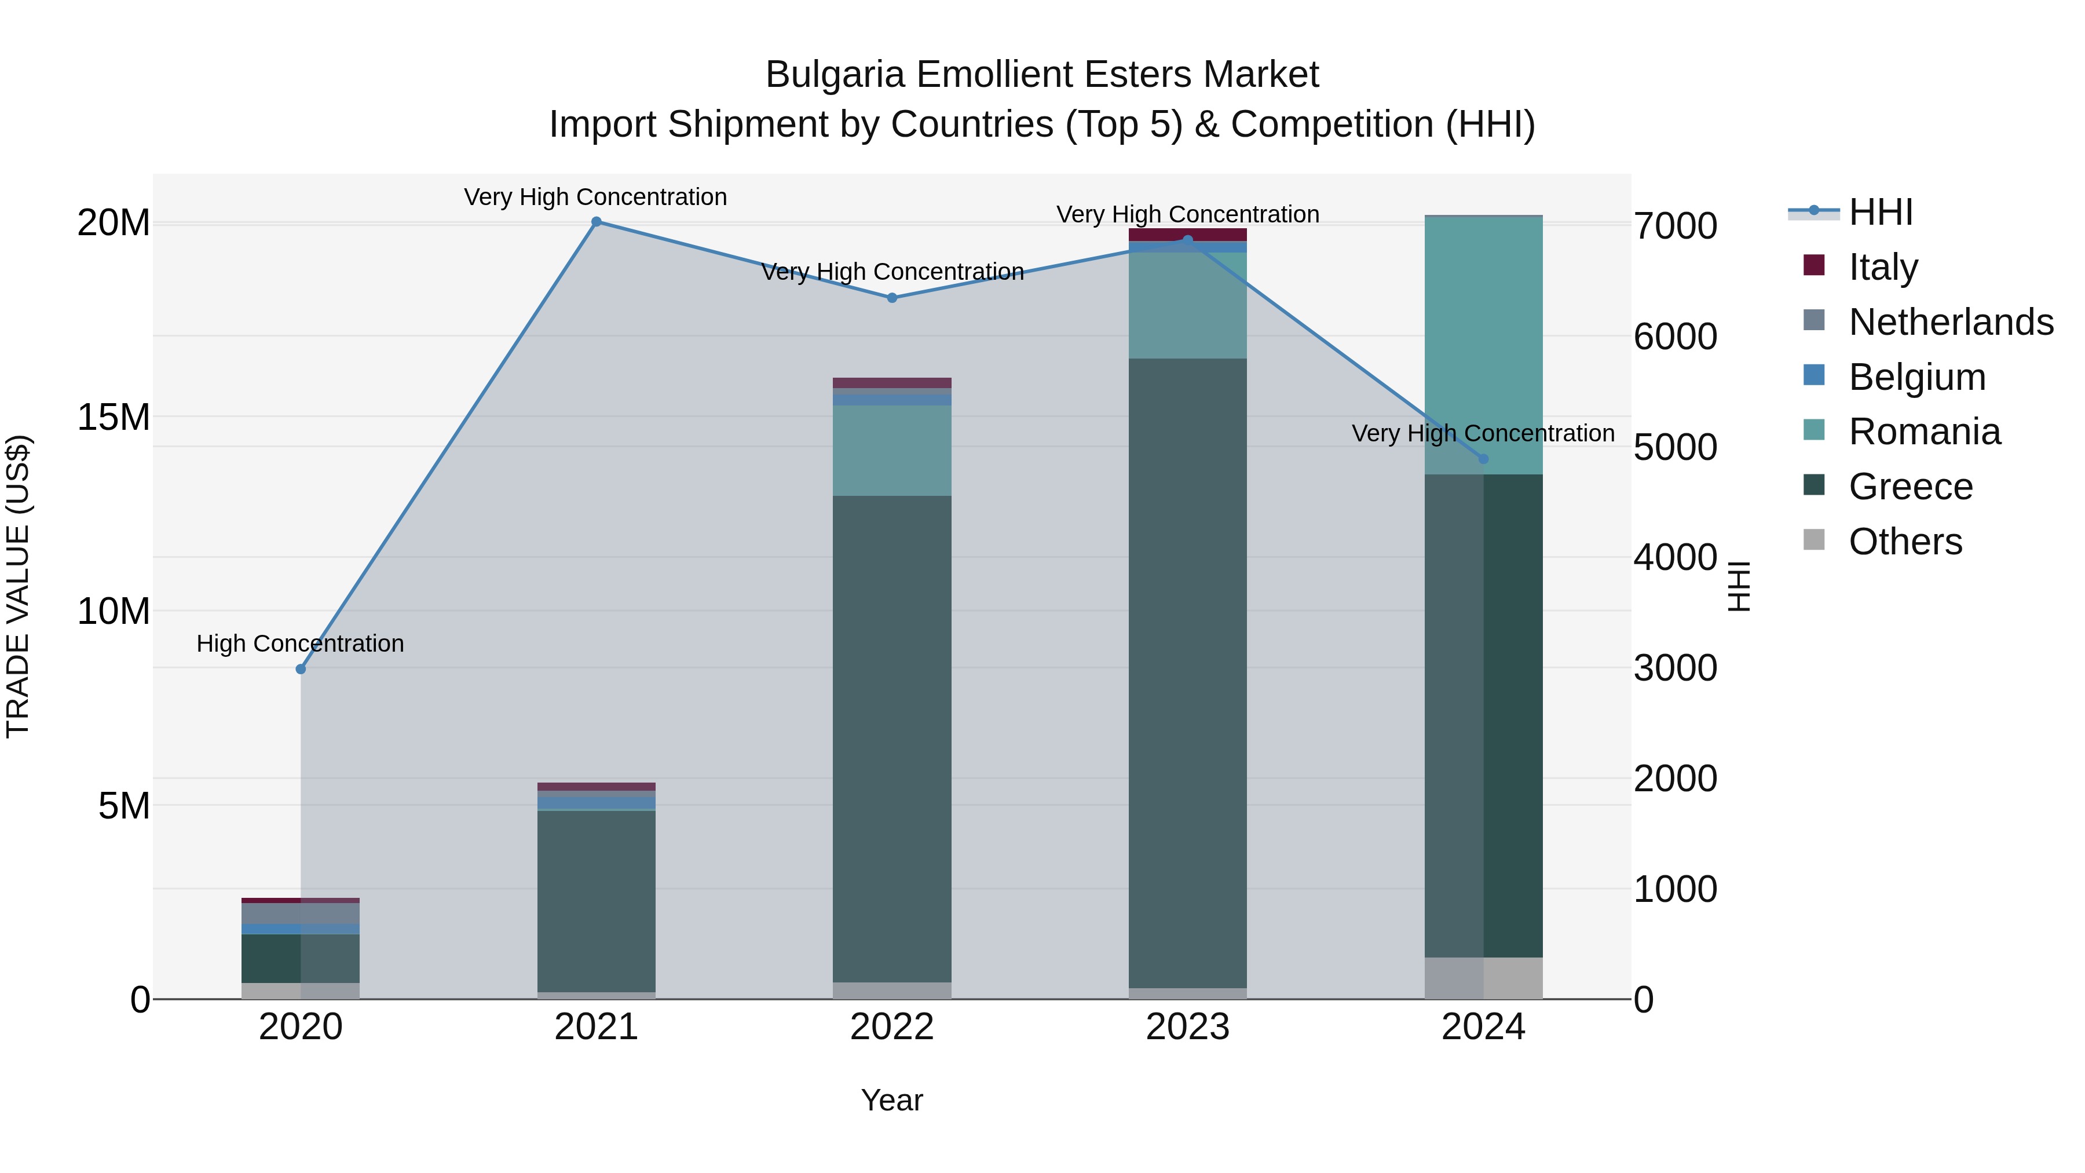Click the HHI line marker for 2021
click(x=597, y=222)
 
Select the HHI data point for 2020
click(x=301, y=668)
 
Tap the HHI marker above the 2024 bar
click(x=1484, y=459)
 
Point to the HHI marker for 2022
click(x=892, y=298)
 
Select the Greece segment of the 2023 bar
click(x=1187, y=672)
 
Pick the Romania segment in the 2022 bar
click(x=892, y=450)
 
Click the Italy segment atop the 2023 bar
click(x=1187, y=234)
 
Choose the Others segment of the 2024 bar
click(x=1484, y=978)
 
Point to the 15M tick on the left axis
click(x=114, y=417)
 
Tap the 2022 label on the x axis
click(x=892, y=1027)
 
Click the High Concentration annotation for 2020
click(x=300, y=644)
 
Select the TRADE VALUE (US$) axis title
click(x=18, y=586)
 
